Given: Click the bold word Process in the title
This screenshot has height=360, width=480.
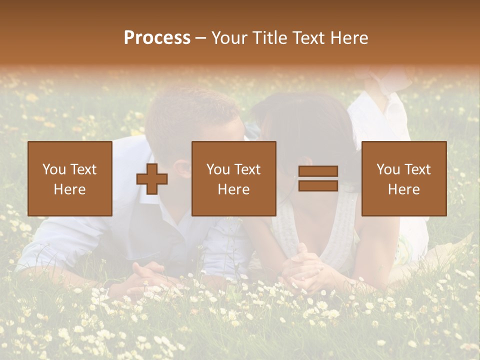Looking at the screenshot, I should (157, 38).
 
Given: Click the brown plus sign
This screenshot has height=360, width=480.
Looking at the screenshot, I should (152, 179).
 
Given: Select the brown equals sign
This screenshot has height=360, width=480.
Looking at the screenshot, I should (318, 178).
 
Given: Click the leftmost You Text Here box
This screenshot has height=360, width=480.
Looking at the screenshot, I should (69, 178).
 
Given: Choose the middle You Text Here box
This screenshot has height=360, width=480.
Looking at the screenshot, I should (233, 178).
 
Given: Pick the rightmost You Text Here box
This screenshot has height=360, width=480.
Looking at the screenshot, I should (403, 178).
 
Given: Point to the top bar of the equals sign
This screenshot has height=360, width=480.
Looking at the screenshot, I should (318, 171).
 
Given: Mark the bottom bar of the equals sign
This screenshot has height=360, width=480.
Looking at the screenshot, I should (318, 185).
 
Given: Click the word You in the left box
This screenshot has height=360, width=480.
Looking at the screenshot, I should (53, 169).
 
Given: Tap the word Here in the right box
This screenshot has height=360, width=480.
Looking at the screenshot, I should (403, 189).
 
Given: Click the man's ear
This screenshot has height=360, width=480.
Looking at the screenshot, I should (183, 168).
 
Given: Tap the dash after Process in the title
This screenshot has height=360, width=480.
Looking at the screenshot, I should (201, 38).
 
